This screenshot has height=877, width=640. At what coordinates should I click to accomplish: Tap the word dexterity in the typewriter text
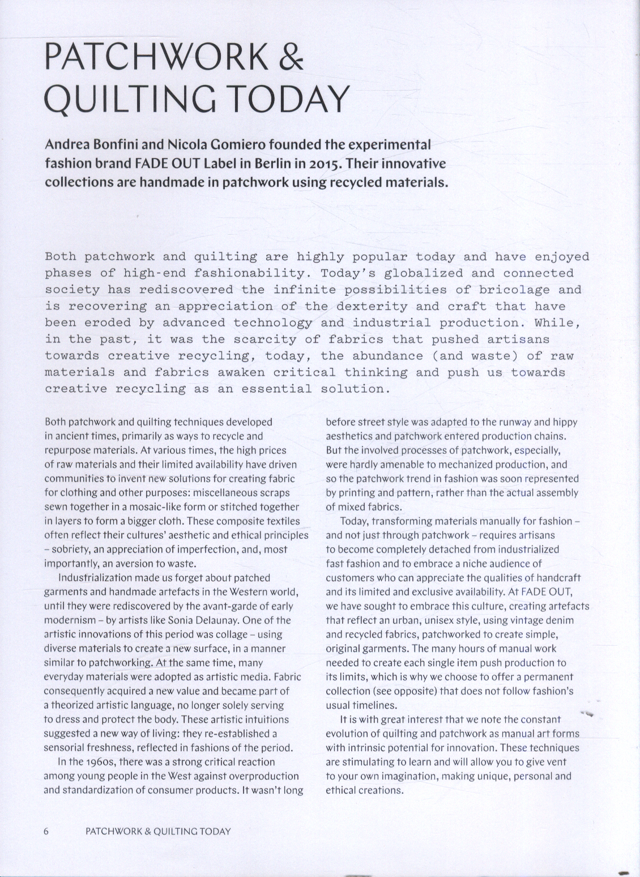click(372, 306)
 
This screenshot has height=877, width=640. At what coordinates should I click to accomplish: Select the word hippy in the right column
click(566, 422)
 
